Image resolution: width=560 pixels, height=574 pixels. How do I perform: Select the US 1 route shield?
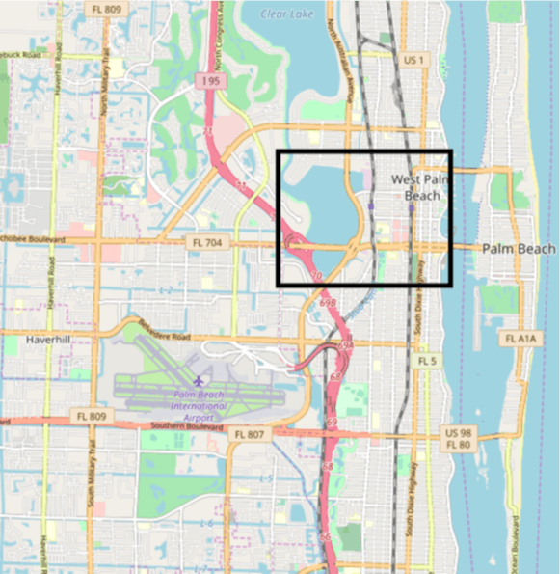click(414, 60)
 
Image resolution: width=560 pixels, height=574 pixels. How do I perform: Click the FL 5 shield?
click(427, 360)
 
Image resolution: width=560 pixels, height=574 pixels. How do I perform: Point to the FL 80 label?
click(460, 445)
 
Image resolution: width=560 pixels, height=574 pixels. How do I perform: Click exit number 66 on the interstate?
click(324, 535)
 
